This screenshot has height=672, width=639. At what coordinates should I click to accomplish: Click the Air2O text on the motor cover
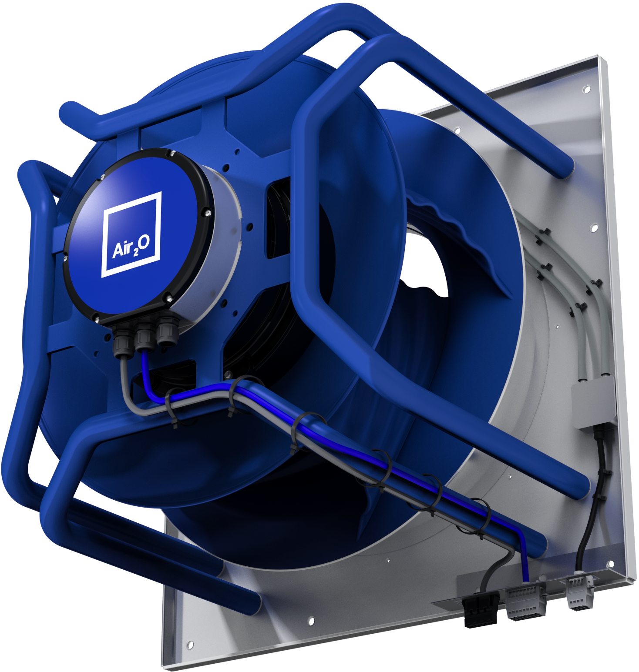[x=131, y=246]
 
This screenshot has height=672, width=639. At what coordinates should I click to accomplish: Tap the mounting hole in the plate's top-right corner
[x=586, y=90]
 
